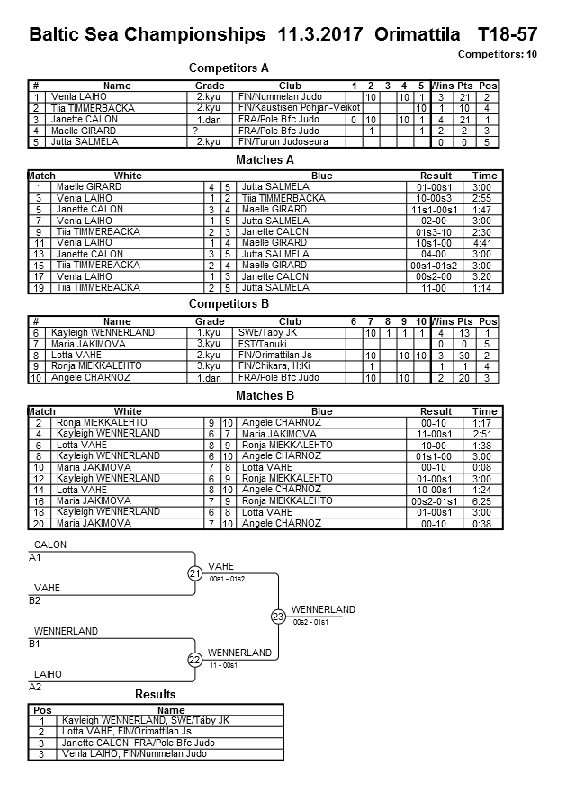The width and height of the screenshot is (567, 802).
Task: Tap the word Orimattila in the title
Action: tap(415, 35)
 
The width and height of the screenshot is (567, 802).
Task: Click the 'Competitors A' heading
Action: tap(229, 68)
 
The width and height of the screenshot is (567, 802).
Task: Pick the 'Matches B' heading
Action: tap(265, 395)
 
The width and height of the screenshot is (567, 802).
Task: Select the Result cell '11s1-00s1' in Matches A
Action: tap(436, 209)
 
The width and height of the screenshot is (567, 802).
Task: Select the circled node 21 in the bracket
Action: tap(195, 573)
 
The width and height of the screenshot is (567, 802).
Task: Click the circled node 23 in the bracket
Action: tap(278, 617)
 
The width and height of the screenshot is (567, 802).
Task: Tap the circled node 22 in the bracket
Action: tap(195, 660)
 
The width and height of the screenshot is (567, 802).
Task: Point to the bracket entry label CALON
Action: tap(49, 545)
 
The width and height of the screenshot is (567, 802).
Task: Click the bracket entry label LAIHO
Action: tap(48, 673)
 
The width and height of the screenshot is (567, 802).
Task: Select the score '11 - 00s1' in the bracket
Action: tap(222, 665)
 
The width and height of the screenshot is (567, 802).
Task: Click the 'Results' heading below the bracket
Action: tap(155, 695)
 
